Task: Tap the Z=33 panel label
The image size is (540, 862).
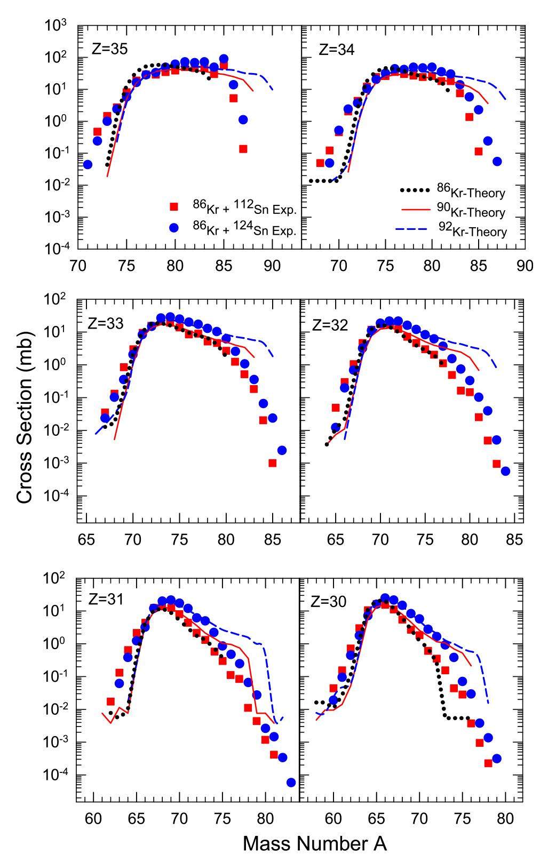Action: tap(106, 324)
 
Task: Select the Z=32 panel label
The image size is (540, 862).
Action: tap(330, 324)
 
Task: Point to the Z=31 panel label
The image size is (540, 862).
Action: tap(105, 600)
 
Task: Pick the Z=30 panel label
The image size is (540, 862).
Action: tap(329, 602)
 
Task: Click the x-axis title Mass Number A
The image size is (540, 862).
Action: tap(314, 843)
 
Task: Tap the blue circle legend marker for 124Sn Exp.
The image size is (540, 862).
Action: tap(173, 228)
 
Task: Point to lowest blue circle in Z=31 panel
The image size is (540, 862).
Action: tap(291, 783)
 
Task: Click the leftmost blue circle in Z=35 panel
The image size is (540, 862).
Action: tap(88, 164)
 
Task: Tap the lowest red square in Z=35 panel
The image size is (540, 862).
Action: tap(243, 149)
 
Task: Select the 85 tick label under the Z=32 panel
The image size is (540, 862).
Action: tap(514, 539)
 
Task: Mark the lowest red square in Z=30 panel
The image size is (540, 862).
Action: tap(488, 763)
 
